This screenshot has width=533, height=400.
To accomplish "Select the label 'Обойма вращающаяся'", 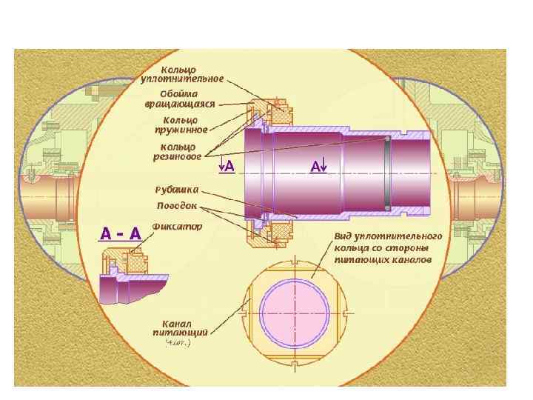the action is [180, 99].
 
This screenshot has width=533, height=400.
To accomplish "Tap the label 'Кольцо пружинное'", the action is [180, 124].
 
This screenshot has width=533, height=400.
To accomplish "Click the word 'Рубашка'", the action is [177, 190].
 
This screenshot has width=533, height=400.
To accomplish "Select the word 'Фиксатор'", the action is [176, 227].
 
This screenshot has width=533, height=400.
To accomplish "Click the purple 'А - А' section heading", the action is [121, 233].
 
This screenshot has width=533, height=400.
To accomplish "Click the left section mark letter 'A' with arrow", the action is [227, 167].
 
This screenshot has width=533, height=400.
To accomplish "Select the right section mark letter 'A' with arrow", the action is [318, 167].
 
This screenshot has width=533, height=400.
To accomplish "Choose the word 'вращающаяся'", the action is [180, 104].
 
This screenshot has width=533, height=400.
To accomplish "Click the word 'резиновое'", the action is [177, 156].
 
